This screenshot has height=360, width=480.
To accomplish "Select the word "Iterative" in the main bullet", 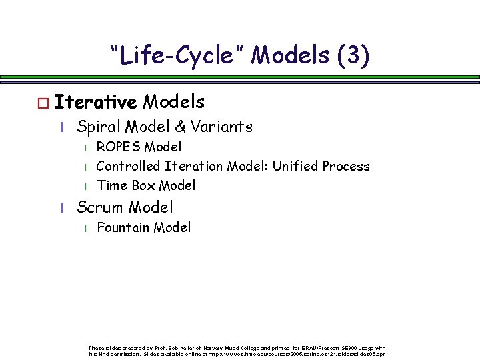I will point(96,102).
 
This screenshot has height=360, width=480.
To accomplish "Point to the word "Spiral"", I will point(99,126).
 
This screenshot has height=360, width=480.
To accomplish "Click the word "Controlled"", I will point(127,165).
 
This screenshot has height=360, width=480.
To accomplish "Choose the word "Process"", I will point(348,165).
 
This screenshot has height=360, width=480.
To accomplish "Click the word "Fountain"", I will point(123,228).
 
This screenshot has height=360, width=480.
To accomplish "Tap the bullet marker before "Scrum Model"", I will point(61,208).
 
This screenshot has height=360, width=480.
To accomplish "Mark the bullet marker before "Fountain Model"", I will point(81,229).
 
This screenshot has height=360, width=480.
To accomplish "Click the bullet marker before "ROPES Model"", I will point(81,147).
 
